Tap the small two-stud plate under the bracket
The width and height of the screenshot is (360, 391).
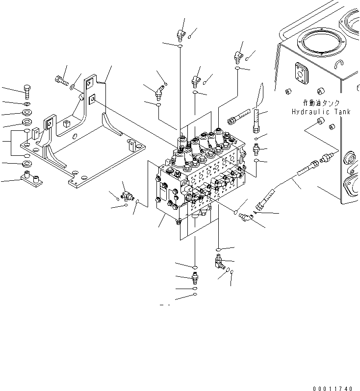30,178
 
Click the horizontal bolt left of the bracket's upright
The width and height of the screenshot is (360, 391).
61,80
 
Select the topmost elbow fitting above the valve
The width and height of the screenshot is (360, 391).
180,34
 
